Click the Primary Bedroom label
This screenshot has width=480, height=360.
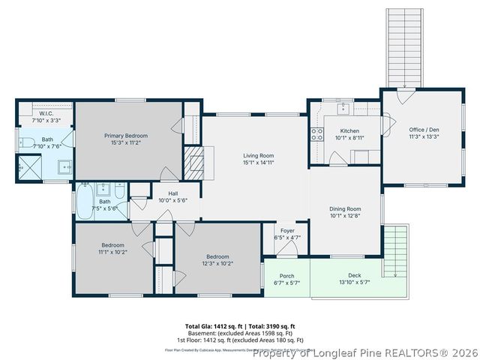(x=125, y=135)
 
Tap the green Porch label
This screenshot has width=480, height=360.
(x=287, y=275)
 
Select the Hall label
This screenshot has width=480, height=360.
(x=172, y=193)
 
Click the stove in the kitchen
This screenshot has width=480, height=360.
(x=316, y=135)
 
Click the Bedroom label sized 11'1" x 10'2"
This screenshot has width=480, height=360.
(x=112, y=245)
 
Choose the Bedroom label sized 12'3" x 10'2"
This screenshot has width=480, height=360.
(x=217, y=256)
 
